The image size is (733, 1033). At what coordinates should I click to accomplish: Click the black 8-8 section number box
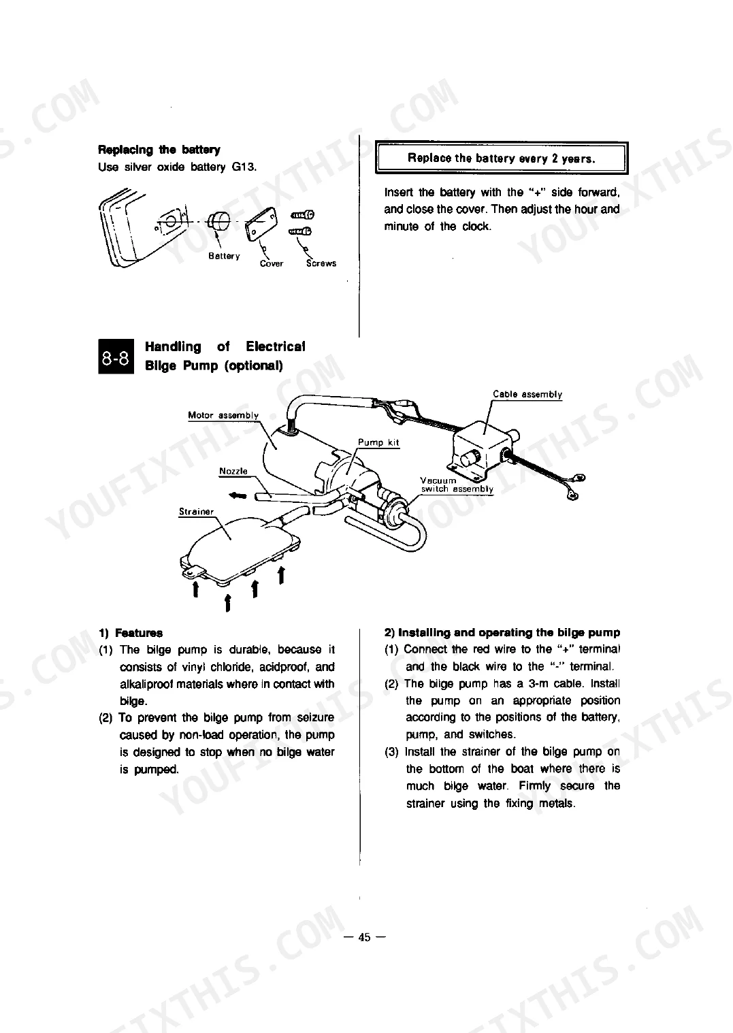[x=116, y=356]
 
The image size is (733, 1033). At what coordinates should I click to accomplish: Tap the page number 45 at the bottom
[x=364, y=937]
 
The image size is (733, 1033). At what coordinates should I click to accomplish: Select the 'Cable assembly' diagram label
[x=527, y=394]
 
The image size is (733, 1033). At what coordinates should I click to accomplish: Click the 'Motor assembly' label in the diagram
[x=223, y=415]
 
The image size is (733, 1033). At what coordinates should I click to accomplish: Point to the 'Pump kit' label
[x=378, y=442]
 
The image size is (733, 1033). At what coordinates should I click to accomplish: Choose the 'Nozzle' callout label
[x=233, y=471]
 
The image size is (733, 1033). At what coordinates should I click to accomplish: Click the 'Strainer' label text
[x=197, y=512]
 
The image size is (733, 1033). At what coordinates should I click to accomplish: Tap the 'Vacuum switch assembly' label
[x=457, y=485]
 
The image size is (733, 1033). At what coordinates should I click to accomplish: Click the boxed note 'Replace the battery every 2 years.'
[x=502, y=158]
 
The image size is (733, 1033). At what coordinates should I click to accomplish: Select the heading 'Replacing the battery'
[x=159, y=150]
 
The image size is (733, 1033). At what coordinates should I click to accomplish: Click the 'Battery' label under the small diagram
[x=224, y=256]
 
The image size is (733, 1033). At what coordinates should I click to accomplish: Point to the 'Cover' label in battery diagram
[x=272, y=263]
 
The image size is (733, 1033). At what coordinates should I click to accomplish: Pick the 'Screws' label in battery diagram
[x=321, y=263]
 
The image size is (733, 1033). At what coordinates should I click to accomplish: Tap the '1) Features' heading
[x=131, y=633]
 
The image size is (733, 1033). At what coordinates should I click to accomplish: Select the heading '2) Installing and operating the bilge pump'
[x=502, y=632]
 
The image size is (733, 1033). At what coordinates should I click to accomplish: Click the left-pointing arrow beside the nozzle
[x=238, y=495]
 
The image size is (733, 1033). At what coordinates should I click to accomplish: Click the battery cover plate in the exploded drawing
[x=261, y=223]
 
